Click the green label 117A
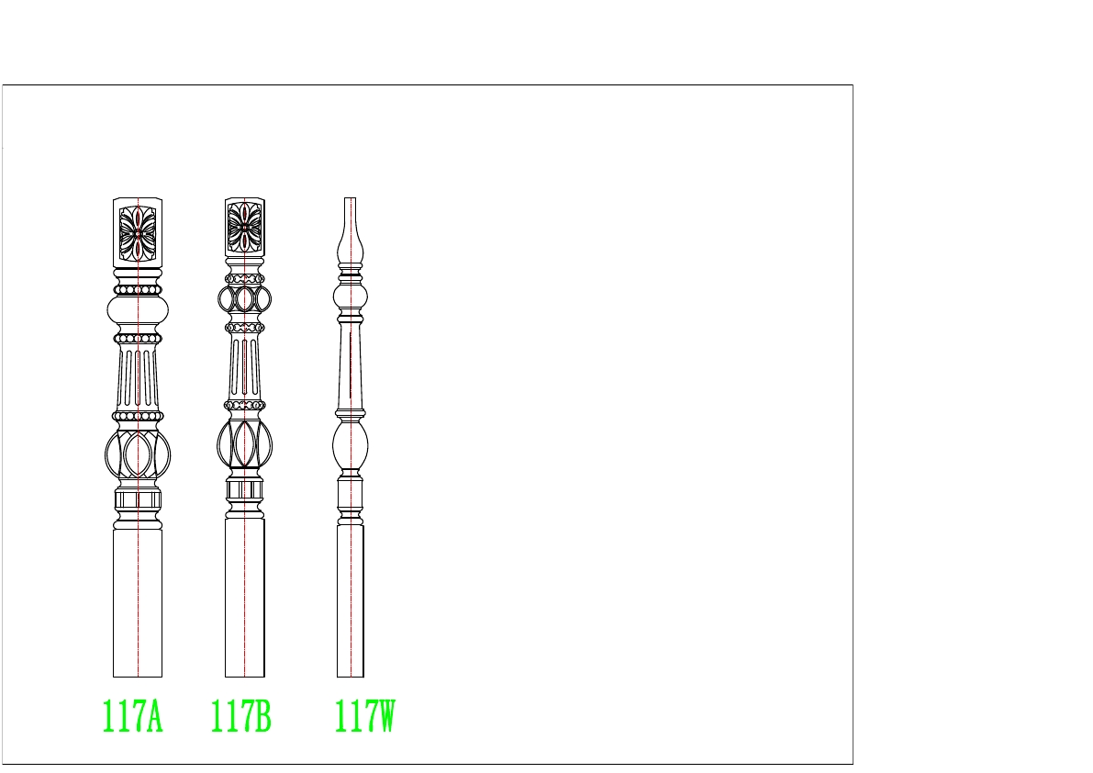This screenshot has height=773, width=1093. [x=132, y=716]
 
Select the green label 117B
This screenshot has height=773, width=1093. [x=240, y=716]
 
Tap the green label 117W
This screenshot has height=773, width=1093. [x=364, y=716]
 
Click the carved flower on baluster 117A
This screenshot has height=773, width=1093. [x=138, y=233]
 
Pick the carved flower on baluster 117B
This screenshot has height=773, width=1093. [x=245, y=228]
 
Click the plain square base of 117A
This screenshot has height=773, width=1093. [x=138, y=603]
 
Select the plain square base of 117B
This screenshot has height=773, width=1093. [x=245, y=598]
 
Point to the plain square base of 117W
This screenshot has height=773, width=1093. [x=351, y=600]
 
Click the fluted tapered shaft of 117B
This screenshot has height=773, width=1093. [x=245, y=367]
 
